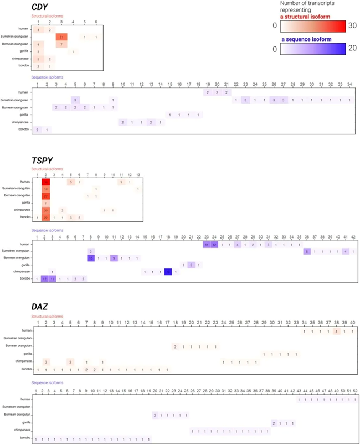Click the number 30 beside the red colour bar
coord(352,26)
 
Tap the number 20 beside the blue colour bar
coord(352,49)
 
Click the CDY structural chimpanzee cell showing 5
coord(38,59)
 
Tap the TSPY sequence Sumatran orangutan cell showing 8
coord(307,251)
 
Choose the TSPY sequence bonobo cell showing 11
coord(52,279)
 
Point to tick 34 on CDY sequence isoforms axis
coord(349,86)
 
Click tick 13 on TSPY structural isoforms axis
coord(137,175)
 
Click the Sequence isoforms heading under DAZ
coord(46,384)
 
